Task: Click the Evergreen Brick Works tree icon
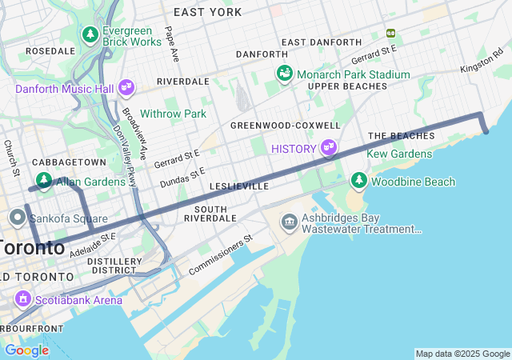click(x=90, y=35)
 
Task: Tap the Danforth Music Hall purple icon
click(x=126, y=87)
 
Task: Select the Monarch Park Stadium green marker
click(x=284, y=74)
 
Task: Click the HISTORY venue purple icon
click(x=327, y=148)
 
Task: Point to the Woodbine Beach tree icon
click(x=359, y=182)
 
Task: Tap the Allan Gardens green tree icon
click(x=43, y=182)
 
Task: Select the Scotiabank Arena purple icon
click(x=23, y=300)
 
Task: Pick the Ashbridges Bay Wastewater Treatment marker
click(x=288, y=220)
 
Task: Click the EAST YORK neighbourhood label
click(x=207, y=12)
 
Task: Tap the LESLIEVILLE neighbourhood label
click(x=238, y=186)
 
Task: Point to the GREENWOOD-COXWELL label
click(x=285, y=126)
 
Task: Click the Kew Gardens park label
click(x=400, y=154)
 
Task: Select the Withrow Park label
click(x=174, y=114)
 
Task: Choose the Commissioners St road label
click(x=220, y=255)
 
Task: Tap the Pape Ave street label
click(x=170, y=44)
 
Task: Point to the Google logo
click(x=26, y=350)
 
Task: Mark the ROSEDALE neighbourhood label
click(x=50, y=50)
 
